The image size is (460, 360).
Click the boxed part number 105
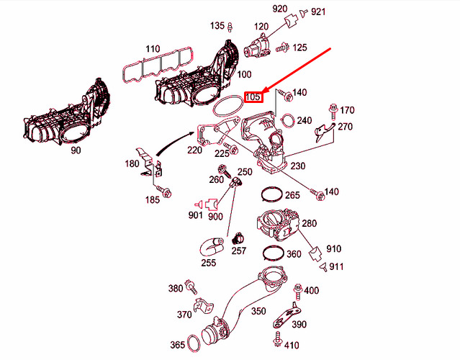point(253,96)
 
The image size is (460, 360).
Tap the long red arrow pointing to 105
point(297,71)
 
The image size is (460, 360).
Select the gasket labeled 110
point(158,65)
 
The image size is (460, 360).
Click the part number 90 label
point(76,150)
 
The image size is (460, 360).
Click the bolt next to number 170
point(333,112)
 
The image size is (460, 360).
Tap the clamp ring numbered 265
point(272,194)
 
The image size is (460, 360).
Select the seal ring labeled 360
point(273,253)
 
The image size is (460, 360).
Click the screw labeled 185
point(164,192)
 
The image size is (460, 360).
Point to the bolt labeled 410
point(277,339)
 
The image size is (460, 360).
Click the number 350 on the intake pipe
point(258,311)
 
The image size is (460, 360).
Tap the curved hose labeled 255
point(212,247)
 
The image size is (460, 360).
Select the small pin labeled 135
point(230,27)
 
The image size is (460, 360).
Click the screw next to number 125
point(282,48)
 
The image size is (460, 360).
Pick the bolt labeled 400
point(298,292)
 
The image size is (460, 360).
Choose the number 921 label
point(318,12)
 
